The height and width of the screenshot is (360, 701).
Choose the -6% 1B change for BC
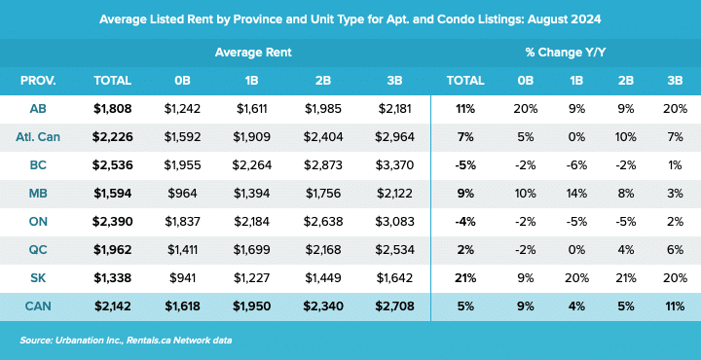(575, 164)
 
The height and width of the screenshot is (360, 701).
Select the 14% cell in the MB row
(575, 193)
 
